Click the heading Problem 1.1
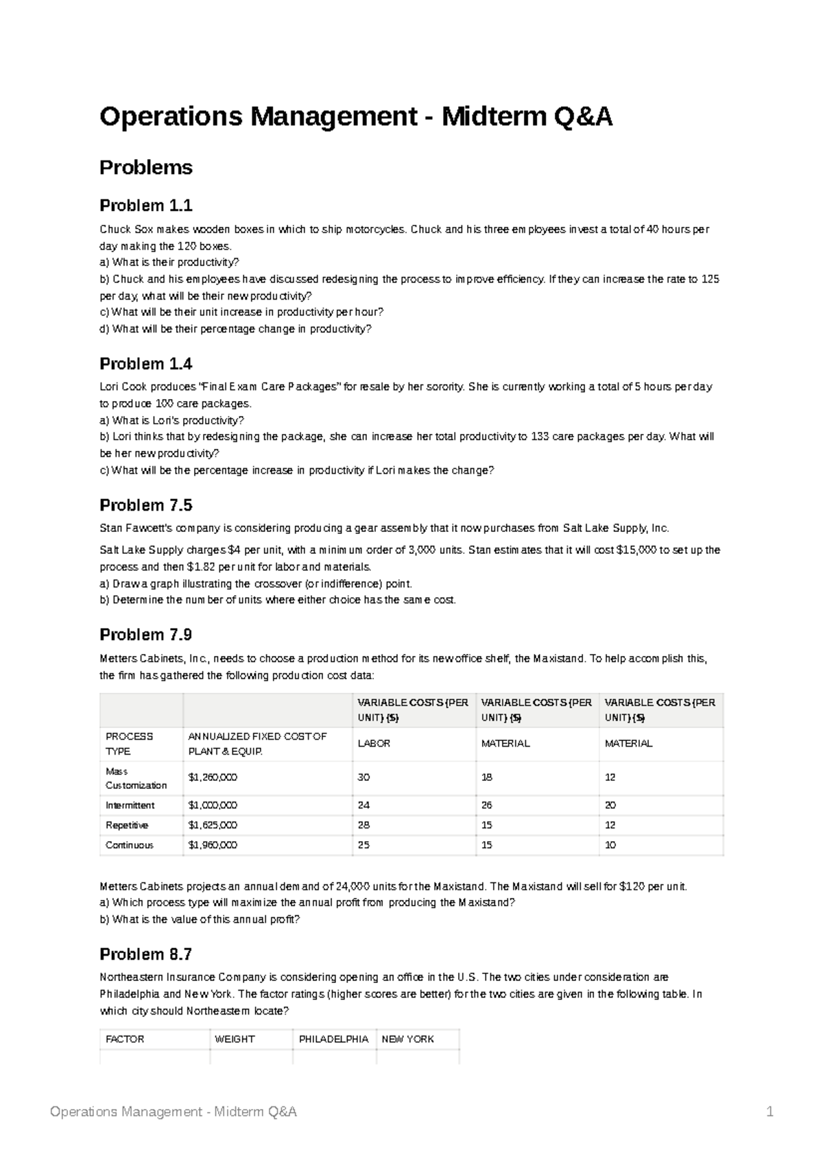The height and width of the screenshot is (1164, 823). [x=146, y=206]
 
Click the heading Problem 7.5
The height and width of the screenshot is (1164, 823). [x=146, y=505]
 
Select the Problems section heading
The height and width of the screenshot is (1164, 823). [x=146, y=167]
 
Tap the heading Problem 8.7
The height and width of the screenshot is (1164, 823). [x=146, y=954]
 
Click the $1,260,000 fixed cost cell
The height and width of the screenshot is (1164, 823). [x=213, y=777]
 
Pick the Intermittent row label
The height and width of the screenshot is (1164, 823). [x=130, y=805]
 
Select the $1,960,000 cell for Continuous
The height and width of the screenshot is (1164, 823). [x=213, y=845]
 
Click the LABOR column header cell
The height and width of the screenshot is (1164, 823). [x=374, y=744]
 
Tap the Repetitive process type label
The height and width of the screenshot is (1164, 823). [x=127, y=825]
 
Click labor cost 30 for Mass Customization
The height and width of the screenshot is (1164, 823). [x=363, y=777]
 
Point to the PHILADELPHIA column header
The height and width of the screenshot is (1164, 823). [x=333, y=1039]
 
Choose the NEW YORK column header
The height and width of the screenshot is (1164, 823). [x=407, y=1039]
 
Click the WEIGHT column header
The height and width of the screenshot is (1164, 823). [x=235, y=1039]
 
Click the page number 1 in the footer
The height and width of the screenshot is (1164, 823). [x=770, y=1112]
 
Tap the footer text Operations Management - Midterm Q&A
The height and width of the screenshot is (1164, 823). [x=174, y=1112]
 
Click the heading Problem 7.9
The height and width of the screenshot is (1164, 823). [x=146, y=635]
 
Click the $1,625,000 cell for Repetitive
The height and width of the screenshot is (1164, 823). [x=213, y=825]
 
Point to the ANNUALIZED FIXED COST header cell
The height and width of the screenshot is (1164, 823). [x=257, y=744]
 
